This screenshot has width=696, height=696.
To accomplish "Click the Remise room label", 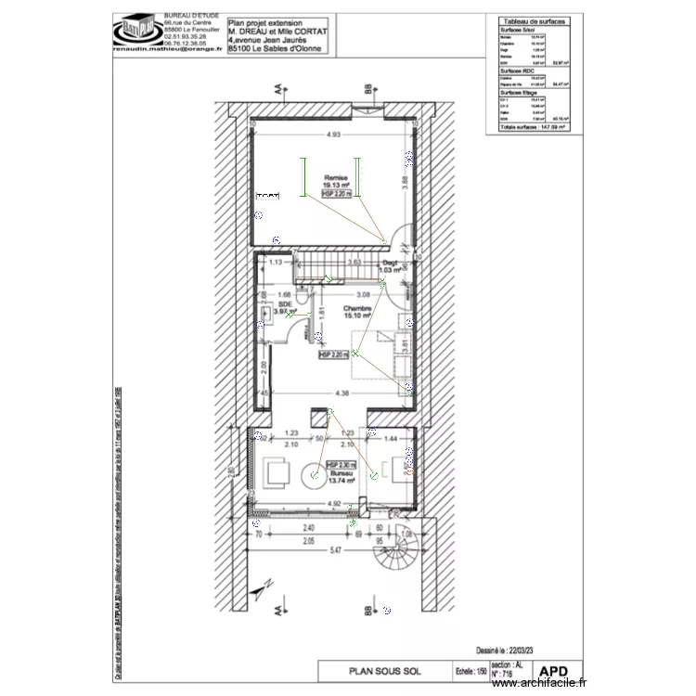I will [x=334, y=177].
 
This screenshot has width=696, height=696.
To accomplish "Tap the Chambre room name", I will [x=357, y=309].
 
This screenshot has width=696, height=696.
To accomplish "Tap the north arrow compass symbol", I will [x=265, y=585].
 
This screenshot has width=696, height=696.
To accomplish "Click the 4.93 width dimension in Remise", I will [x=332, y=136].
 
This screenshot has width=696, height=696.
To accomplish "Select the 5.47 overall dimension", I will [x=332, y=552].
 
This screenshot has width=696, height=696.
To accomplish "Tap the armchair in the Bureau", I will [x=277, y=473].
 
